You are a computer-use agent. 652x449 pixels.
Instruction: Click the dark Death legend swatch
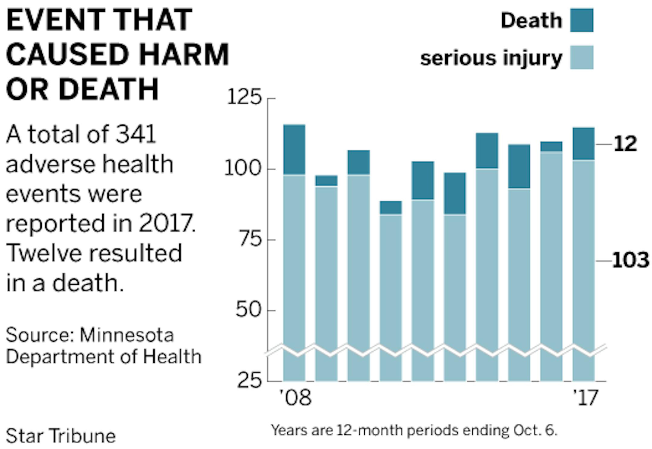(x=581, y=20)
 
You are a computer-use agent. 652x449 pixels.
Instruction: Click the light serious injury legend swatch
(x=581, y=57)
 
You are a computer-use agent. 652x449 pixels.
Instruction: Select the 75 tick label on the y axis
(x=250, y=239)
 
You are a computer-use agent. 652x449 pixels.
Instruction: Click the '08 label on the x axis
(x=295, y=398)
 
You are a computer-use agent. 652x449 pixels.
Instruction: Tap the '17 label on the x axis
(x=585, y=398)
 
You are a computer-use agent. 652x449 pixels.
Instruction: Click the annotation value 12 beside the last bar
(x=625, y=144)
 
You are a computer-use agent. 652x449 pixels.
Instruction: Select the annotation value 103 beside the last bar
(x=630, y=260)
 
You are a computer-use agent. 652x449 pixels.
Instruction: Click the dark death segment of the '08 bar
(x=294, y=149)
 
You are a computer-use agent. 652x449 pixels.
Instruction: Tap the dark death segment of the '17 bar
(x=583, y=144)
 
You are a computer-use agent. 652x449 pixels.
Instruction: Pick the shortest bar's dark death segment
(x=391, y=207)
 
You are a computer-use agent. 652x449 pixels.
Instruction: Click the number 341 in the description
(x=136, y=134)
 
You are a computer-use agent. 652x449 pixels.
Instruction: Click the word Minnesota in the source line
(x=127, y=335)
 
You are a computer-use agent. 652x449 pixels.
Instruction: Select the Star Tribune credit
(x=61, y=436)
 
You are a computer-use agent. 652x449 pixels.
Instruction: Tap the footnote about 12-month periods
(x=414, y=430)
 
